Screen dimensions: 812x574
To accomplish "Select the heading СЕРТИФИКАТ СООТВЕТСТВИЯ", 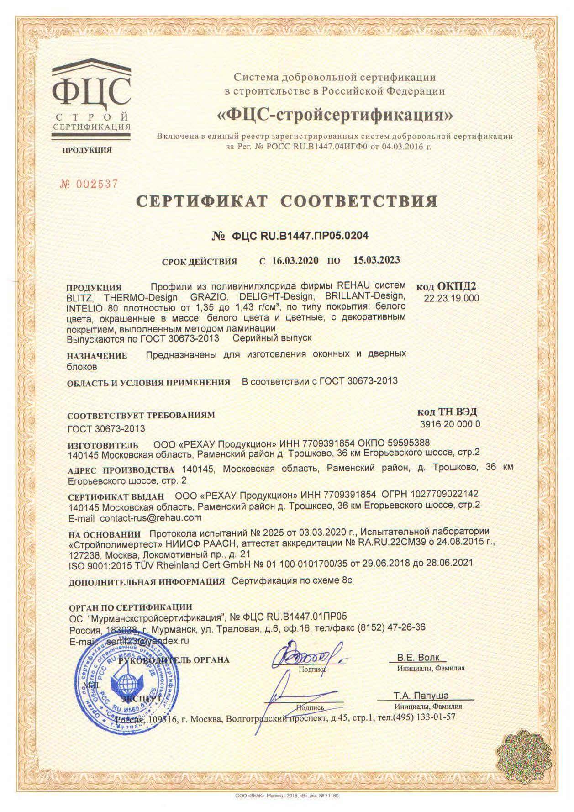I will tap(288, 201).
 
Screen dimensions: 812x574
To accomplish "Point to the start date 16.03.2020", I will tap(295, 261).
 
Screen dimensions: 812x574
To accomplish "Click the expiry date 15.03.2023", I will tap(377, 260).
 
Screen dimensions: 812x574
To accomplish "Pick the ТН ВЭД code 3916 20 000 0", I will tap(450, 424).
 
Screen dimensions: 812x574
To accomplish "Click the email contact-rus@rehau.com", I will tap(151, 518).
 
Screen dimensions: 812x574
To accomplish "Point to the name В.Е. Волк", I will tap(418, 658).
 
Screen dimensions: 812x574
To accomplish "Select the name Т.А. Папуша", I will tap(421, 696).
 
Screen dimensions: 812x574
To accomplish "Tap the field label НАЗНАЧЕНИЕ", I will tap(97, 355).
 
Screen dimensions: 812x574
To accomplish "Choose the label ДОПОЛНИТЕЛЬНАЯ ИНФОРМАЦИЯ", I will tap(147, 582).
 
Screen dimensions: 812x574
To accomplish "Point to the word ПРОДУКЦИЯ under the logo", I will tap(87, 150).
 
